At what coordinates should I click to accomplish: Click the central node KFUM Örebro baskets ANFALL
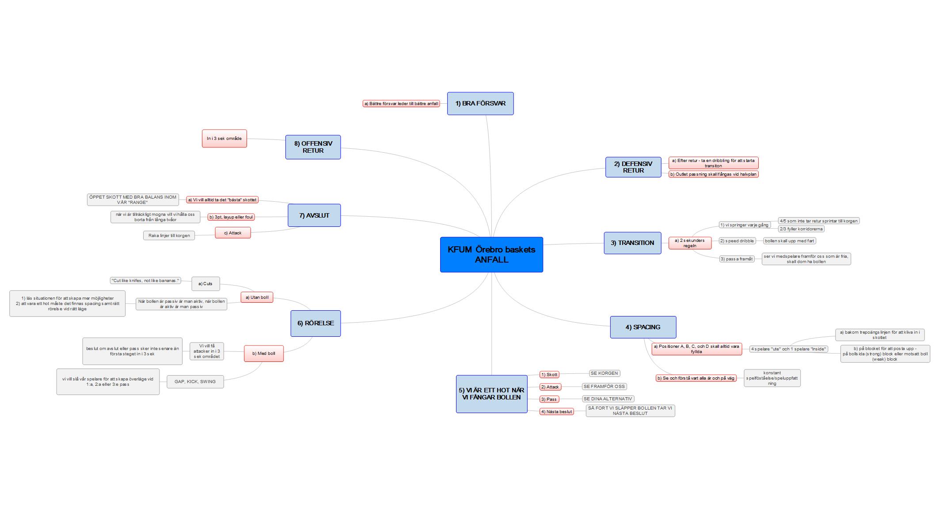coord(491,255)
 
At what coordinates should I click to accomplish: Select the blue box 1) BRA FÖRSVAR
coord(480,104)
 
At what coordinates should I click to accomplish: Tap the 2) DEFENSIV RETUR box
coord(633,167)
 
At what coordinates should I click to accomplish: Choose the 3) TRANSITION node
coord(632,243)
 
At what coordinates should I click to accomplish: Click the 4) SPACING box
coord(643,327)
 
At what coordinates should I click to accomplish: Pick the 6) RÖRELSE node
coord(316,324)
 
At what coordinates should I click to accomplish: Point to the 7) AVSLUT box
coord(314,215)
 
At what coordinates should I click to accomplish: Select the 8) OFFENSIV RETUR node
coord(313,147)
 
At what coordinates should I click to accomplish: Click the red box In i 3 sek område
coord(224,139)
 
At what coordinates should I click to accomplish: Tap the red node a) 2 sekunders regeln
coord(690,243)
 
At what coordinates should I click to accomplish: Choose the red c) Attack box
coord(233,233)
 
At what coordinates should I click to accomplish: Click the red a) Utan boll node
coord(257,297)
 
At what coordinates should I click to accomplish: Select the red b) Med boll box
coord(263,354)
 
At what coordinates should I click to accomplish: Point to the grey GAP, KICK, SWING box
coord(195,382)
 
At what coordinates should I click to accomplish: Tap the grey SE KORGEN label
coord(604,373)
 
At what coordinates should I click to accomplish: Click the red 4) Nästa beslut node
coord(556,412)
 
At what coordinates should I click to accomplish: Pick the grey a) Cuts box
coord(205,284)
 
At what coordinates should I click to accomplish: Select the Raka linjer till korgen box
coord(169,236)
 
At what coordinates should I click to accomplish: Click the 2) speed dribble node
coord(737,241)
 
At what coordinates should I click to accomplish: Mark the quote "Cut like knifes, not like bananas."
coord(145,281)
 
